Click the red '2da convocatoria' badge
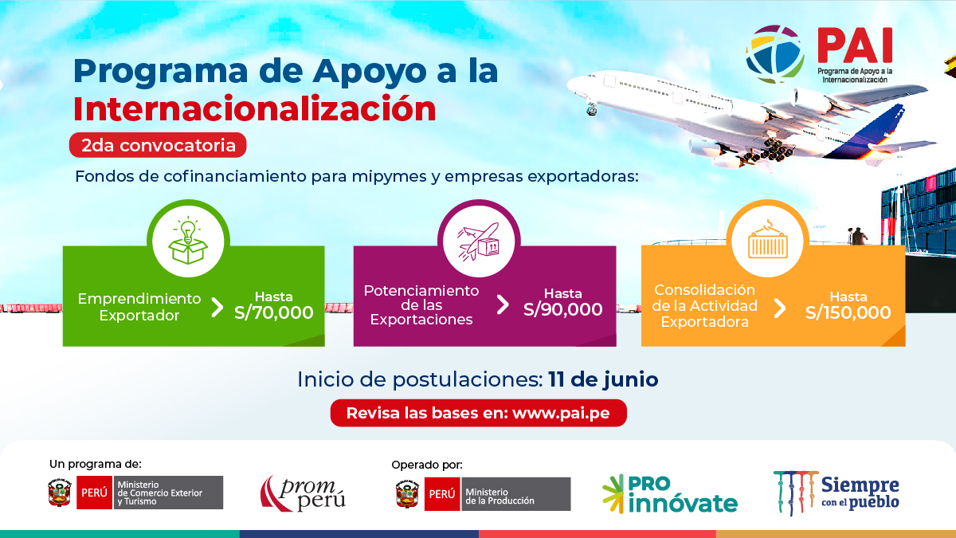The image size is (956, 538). [x=157, y=146]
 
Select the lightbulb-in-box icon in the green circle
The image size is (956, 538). [x=188, y=240]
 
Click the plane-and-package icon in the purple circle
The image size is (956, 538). [x=478, y=241]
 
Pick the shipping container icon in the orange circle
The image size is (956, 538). [x=766, y=241]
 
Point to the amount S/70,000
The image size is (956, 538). [x=274, y=312]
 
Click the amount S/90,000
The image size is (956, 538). [x=562, y=309]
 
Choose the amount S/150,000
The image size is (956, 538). [x=848, y=312]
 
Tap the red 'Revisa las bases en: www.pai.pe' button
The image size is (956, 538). [x=479, y=414]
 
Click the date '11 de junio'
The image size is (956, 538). [x=603, y=379]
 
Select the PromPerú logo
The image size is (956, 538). [x=303, y=493]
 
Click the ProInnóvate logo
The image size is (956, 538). [x=670, y=493]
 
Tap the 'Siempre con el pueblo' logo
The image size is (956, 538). [x=836, y=493]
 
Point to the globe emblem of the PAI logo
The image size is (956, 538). [x=774, y=54]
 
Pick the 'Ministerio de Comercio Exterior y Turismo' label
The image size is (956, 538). [x=168, y=493]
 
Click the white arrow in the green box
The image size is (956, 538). [x=217, y=308]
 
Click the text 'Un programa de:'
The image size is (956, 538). [x=95, y=464]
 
